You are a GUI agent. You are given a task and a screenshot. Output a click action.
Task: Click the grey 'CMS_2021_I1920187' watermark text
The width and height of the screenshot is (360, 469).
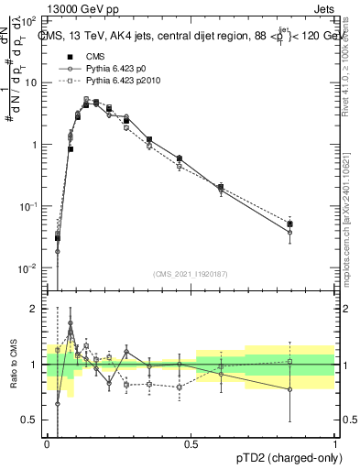pos(191,274)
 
